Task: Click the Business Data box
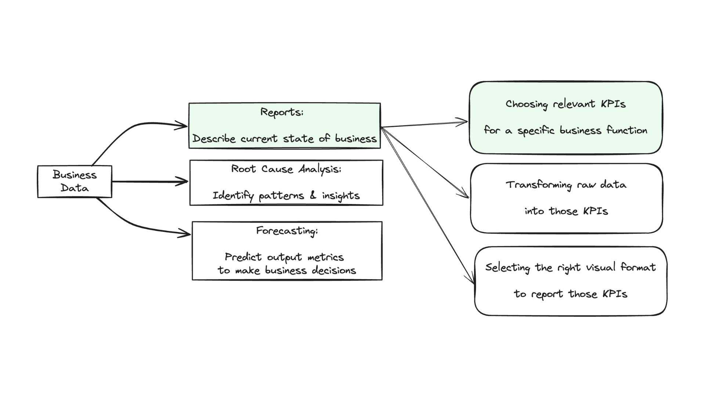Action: pos(75,181)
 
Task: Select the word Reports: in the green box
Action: pos(282,112)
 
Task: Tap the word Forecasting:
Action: pos(287,231)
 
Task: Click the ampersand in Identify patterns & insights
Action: pos(313,195)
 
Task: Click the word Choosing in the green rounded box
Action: pos(527,104)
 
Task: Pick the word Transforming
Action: pos(539,185)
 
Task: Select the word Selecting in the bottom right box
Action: pos(508,268)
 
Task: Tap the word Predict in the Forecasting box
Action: pos(243,257)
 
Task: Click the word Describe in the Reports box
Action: pos(214,139)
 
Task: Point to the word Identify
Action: pos(233,196)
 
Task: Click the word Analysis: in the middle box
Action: pos(320,169)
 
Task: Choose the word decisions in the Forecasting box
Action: pos(334,270)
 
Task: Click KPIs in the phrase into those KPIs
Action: pos(596,211)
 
